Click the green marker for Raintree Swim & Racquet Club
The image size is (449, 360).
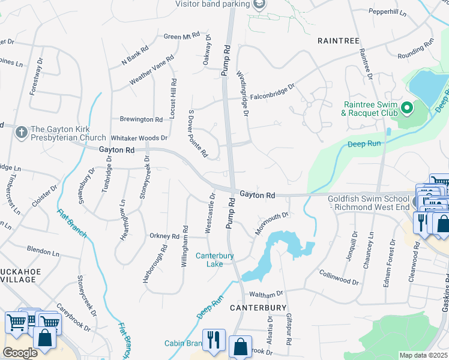[x=406, y=108]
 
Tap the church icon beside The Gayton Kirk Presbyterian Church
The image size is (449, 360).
[x=21, y=130]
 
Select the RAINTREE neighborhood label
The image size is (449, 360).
[x=339, y=41]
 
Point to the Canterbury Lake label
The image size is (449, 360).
[x=214, y=260]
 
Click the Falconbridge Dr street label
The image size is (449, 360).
[x=273, y=87]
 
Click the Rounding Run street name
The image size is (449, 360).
[x=415, y=49]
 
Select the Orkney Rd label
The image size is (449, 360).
[x=164, y=236]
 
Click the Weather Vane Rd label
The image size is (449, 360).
[x=152, y=70]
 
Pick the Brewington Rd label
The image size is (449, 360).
[x=141, y=119]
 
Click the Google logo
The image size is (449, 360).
[x=20, y=353]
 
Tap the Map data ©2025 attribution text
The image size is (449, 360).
[x=423, y=355]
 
